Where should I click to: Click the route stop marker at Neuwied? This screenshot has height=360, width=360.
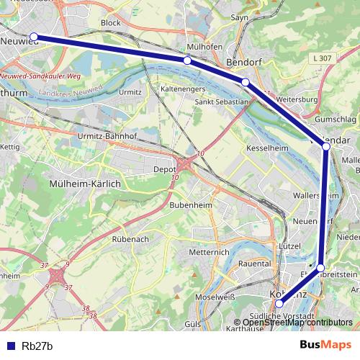(x=33, y=37)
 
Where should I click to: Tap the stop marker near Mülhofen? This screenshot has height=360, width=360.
(x=187, y=60)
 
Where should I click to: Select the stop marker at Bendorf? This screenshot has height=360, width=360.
(x=246, y=82)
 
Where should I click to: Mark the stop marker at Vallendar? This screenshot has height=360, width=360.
(x=326, y=146)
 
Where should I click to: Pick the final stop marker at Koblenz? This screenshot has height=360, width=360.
(x=279, y=303)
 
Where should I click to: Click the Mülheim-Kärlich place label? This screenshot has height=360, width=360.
(x=84, y=184)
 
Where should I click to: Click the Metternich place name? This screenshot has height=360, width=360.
(x=208, y=253)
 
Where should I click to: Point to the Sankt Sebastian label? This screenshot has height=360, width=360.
(x=222, y=102)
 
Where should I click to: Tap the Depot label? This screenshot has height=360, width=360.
(x=165, y=171)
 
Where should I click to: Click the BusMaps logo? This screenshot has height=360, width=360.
(x=325, y=346)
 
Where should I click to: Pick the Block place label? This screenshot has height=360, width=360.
(x=111, y=22)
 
